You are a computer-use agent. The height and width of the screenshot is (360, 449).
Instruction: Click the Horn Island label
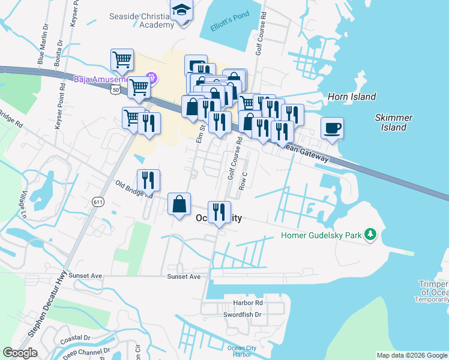coord(352,97)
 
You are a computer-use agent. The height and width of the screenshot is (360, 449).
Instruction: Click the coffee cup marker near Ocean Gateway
coord(332,128)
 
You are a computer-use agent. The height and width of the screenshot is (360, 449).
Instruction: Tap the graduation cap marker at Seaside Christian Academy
coord(180,11)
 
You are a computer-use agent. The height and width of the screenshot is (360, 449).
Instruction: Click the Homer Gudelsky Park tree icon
coord(371,235)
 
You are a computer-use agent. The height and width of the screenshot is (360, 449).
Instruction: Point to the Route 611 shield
coord(98,202)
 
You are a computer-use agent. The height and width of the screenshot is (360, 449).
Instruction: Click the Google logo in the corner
coord(20,352)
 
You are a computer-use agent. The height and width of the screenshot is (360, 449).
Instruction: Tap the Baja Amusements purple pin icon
coord(151,78)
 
